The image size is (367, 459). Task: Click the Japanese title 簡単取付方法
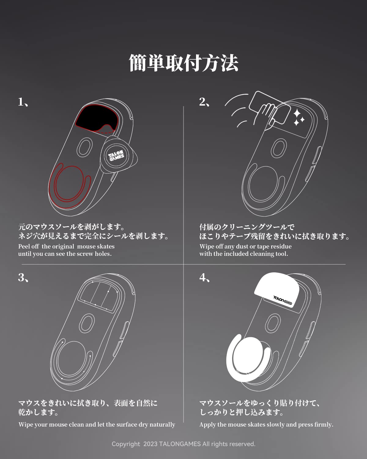point(183,63)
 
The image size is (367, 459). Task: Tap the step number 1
point(21,102)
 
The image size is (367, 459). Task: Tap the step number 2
point(202,102)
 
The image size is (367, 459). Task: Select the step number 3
point(21,278)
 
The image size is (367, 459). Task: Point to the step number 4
point(202,278)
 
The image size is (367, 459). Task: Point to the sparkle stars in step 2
point(298,118)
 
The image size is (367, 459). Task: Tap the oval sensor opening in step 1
point(84,147)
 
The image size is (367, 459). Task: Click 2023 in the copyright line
point(150,444)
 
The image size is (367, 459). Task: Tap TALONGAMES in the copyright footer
point(180,444)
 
